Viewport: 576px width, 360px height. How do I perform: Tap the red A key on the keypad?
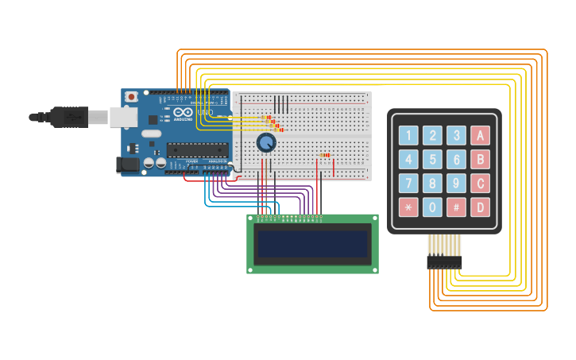(480, 135)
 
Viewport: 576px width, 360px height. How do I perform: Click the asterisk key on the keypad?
(408, 208)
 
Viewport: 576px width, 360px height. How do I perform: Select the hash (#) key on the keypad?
(456, 208)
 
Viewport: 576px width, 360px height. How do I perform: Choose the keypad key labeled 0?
(432, 208)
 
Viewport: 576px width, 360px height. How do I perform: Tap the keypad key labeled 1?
(408, 135)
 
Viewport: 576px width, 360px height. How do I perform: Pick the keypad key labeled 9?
(456, 184)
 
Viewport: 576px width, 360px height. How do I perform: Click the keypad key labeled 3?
(456, 135)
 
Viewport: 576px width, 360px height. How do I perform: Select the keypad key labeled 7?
(408, 184)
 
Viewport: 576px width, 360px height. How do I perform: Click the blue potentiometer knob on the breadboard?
(266, 142)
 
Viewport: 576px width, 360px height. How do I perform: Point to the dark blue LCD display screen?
(312, 244)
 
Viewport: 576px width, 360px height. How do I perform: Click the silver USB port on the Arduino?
(122, 117)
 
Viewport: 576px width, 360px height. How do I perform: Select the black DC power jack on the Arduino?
(127, 165)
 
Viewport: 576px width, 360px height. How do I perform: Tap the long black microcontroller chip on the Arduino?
(197, 149)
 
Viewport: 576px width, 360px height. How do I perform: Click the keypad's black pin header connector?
(444, 261)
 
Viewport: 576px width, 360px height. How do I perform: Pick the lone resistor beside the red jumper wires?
(324, 155)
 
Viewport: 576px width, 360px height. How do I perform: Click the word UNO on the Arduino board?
(205, 113)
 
